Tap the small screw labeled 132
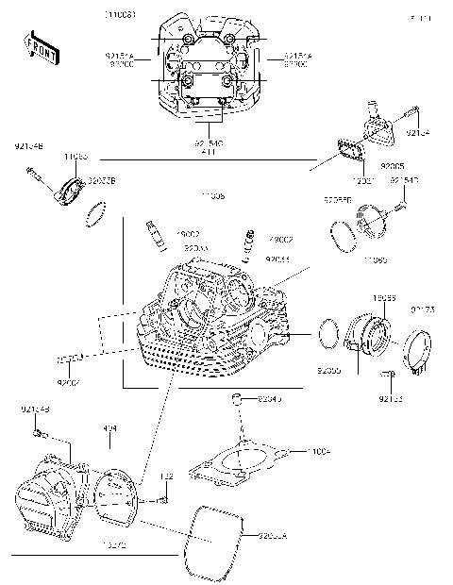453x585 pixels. [164, 496]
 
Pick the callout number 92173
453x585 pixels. [422, 310]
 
